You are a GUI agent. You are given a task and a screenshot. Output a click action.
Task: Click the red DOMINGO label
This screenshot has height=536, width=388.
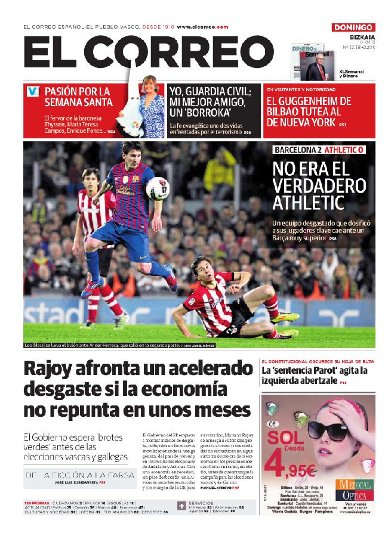pyautogui.click(x=353, y=27)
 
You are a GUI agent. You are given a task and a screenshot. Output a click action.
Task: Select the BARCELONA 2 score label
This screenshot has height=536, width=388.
pyautogui.click(x=297, y=149)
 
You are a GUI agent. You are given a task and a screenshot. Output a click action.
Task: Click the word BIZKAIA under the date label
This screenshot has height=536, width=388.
pyautogui.click(x=362, y=36)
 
